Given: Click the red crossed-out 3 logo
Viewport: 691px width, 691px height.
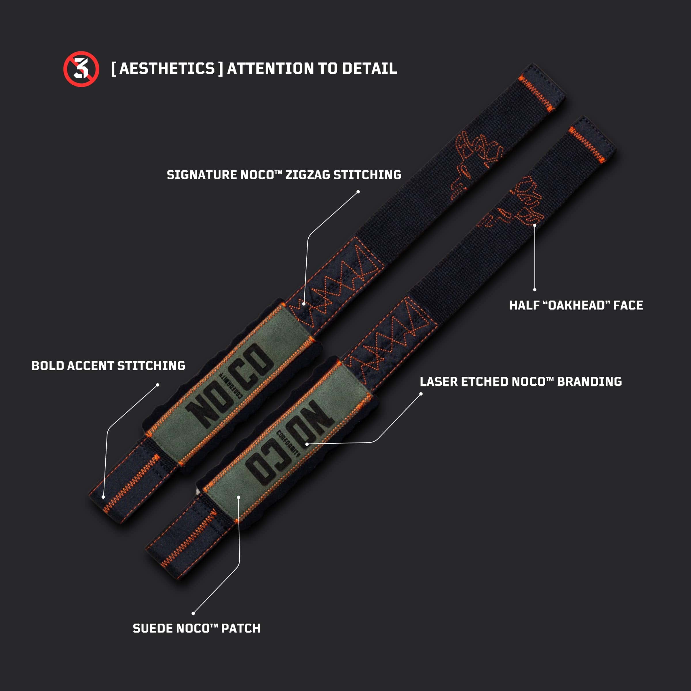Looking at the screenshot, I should click(81, 69).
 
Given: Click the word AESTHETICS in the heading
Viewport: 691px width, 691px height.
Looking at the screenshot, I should click(167, 68).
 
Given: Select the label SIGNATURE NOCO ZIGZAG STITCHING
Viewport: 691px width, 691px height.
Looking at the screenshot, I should click(284, 175).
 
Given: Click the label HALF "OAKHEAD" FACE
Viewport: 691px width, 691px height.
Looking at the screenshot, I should click(576, 305).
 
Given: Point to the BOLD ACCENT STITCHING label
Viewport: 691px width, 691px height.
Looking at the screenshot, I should click(108, 366).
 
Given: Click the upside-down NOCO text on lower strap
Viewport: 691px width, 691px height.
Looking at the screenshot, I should click(291, 443).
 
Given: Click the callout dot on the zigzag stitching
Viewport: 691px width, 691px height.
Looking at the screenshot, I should click(304, 304).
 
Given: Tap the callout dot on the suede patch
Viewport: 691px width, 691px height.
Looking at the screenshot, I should click(239, 497).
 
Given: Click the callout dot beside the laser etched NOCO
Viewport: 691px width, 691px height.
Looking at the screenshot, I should click(307, 444).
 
